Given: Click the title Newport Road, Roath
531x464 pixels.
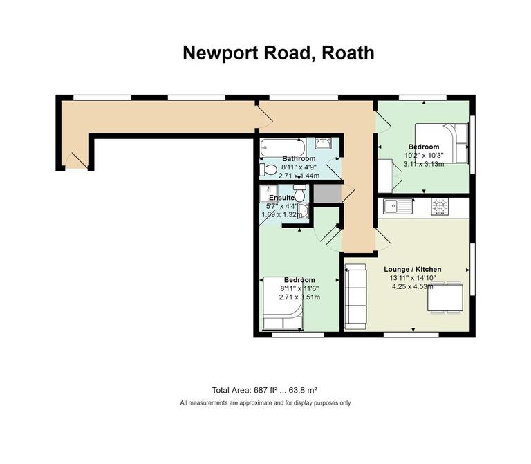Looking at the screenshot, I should [278, 53].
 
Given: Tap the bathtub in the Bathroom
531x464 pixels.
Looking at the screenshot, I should [281, 147].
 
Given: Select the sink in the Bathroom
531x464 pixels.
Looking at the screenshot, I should [322, 144].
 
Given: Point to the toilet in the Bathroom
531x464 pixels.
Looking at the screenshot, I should [266, 169].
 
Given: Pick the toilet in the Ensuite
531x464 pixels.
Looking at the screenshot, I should [299, 193].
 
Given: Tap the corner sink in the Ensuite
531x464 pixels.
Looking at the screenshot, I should [302, 212].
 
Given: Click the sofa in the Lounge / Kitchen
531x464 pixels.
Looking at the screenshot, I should [355, 297].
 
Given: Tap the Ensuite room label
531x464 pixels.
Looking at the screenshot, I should [282, 198].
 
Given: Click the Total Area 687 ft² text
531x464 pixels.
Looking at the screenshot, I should [264, 389].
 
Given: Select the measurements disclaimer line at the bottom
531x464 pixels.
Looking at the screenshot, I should [265, 402].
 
